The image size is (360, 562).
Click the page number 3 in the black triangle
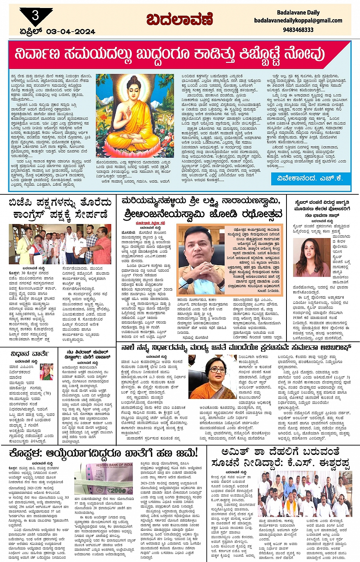pyautogui.click(x=35, y=15)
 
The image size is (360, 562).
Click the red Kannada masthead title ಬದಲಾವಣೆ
pyautogui.click(x=179, y=19)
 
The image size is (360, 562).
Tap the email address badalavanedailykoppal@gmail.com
pyautogui.click(x=298, y=21)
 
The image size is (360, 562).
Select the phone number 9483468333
pyautogui.click(x=298, y=29)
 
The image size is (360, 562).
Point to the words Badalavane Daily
pyautogui.click(x=298, y=13)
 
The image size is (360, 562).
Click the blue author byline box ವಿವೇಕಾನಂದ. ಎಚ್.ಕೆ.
pyautogui.click(x=310, y=178)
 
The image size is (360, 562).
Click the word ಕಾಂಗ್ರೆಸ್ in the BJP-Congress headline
pyautogui.click(x=34, y=215)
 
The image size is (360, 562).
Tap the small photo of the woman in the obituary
pyautogui.click(x=46, y=372)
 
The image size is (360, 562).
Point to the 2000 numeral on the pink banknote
pyautogui.click(x=116, y=490)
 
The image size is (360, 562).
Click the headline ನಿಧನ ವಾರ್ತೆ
pyautogui.click(x=29, y=354)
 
